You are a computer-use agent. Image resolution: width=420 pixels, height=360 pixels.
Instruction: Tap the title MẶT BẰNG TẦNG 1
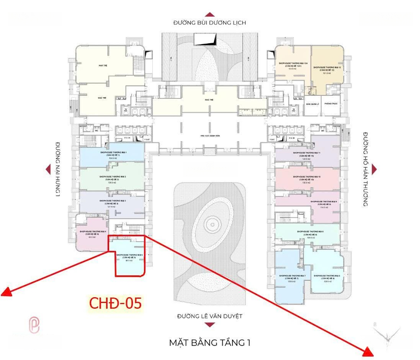[x=210, y=343]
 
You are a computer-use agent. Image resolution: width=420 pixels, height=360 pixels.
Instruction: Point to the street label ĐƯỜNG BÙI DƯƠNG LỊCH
[x=210, y=23]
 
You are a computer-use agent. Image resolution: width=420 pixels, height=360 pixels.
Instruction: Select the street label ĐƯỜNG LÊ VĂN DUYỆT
[x=210, y=316]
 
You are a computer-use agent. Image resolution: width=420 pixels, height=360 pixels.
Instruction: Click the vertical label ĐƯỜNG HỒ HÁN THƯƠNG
[x=366, y=169]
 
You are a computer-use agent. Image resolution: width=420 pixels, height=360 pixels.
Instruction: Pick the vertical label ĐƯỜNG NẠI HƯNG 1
[x=57, y=169]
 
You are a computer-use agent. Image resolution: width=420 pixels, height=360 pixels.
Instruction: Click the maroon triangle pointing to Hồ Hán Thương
[x=374, y=169]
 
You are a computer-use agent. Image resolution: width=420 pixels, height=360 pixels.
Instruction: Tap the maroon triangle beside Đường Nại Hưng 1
[x=48, y=169]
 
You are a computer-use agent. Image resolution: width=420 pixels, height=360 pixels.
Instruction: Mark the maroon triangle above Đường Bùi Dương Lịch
[x=210, y=14]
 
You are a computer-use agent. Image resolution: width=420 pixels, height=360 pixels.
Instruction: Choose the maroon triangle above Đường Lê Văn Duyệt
[x=210, y=308]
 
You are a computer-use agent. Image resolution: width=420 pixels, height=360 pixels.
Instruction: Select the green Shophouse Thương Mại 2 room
[x=112, y=178]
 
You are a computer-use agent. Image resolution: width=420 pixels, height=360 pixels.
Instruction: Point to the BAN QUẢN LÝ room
[x=313, y=104]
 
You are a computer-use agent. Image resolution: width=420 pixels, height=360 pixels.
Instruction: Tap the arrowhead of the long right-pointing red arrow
[x=368, y=353]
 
